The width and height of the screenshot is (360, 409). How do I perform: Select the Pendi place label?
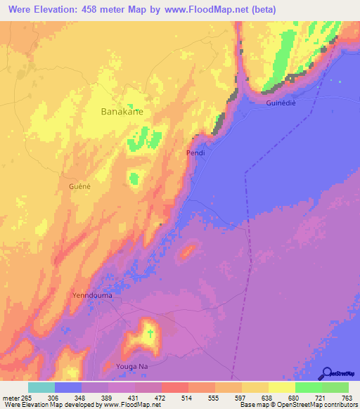(x=195, y=152)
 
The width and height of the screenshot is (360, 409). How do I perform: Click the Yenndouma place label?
(x=92, y=296)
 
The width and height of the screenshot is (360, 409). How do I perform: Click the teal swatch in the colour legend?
(x=41, y=387)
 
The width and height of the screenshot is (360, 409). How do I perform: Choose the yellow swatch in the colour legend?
(x=282, y=387)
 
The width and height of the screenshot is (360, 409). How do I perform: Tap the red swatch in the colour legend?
(x=175, y=387)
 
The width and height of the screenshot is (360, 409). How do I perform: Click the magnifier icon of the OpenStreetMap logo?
(x=326, y=373)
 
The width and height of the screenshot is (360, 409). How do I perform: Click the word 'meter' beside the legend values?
(x=11, y=397)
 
